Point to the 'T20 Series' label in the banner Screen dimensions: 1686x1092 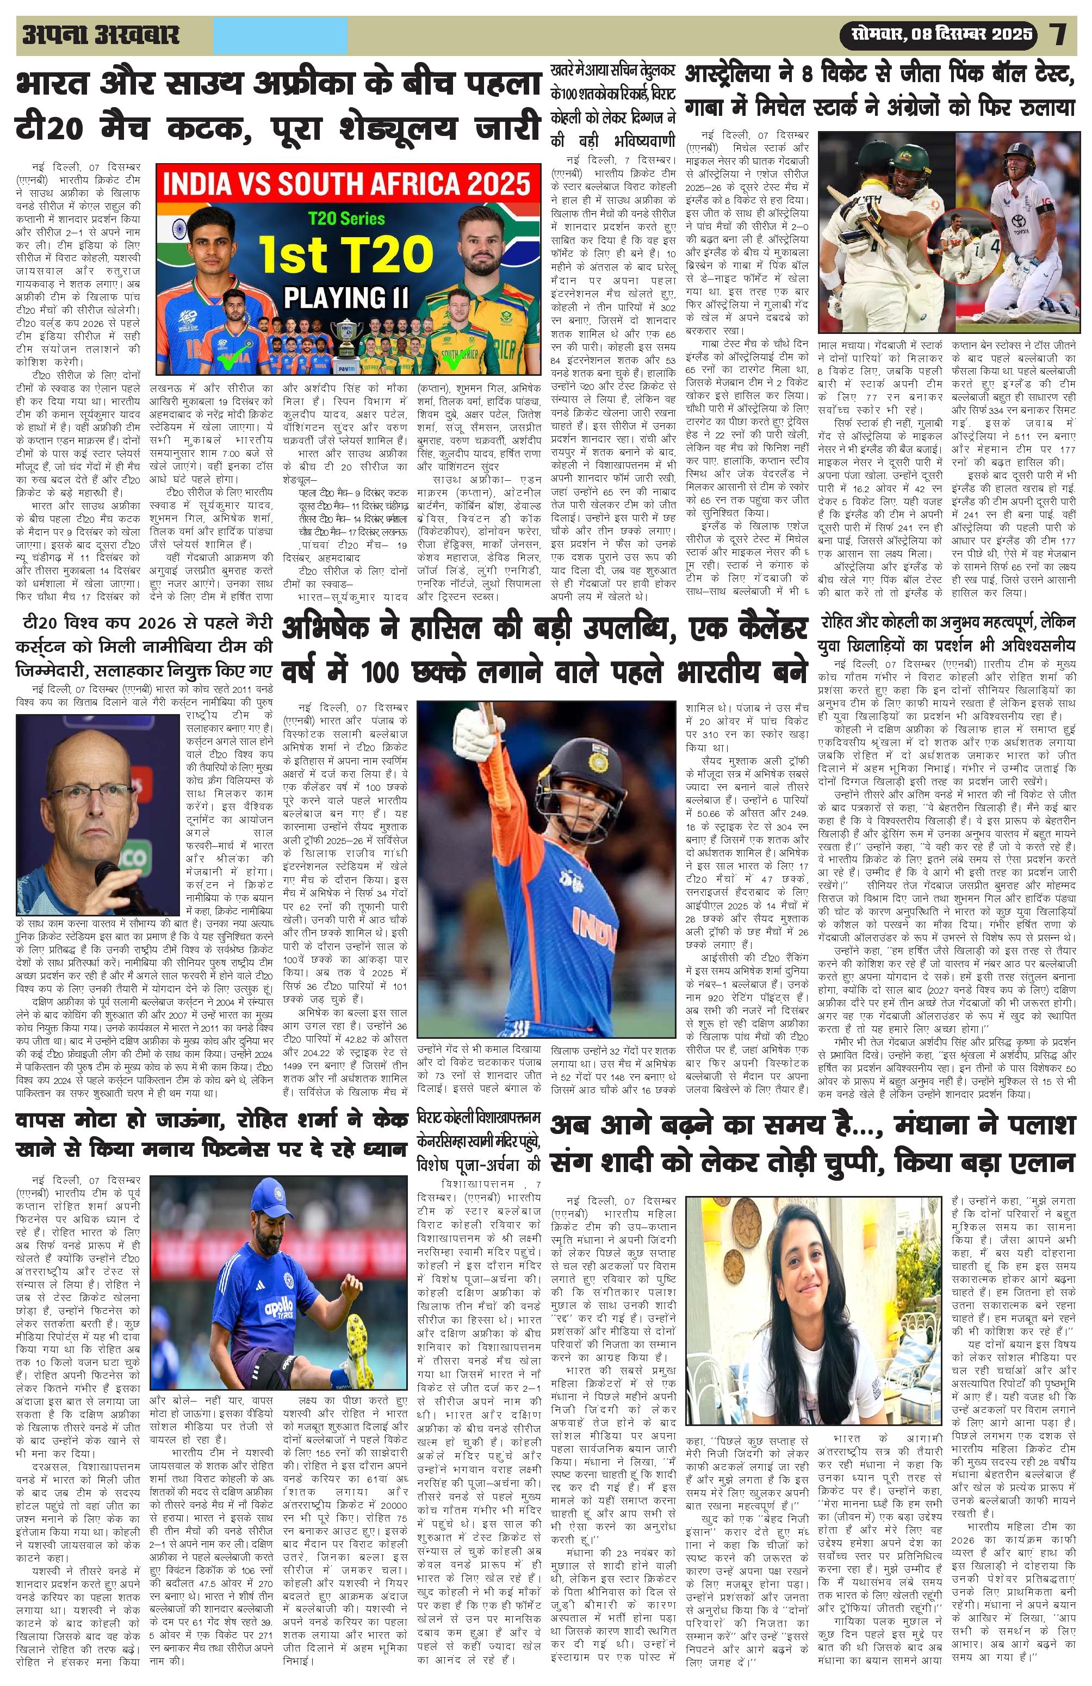[x=345, y=219]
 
